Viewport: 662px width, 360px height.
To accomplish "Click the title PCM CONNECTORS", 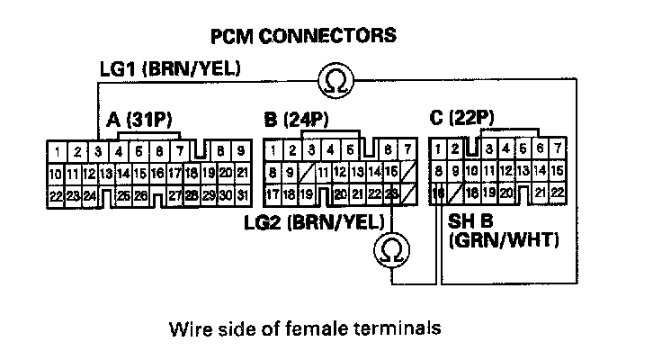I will pyautogui.click(x=302, y=37).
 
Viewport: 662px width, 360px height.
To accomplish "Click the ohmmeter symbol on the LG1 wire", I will pyautogui.click(x=335, y=83).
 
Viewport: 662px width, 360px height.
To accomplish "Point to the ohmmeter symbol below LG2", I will pyautogui.click(x=392, y=248).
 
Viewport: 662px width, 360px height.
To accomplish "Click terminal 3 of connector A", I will pyautogui.click(x=96, y=151).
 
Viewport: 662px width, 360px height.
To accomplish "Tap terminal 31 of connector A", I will pyautogui.click(x=242, y=193).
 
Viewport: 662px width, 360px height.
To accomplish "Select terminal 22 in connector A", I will pyautogui.click(x=56, y=193).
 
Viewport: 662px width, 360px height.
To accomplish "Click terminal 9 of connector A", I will pyautogui.click(x=242, y=151).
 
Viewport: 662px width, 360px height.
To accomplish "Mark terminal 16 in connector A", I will pyautogui.click(x=158, y=173).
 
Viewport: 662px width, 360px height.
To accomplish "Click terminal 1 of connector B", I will pyautogui.click(x=273, y=149).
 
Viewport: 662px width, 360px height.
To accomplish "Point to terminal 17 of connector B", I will pyautogui.click(x=273, y=192).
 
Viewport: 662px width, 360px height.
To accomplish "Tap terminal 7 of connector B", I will pyautogui.click(x=409, y=149).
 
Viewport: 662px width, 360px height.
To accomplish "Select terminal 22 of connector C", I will pyautogui.click(x=557, y=192).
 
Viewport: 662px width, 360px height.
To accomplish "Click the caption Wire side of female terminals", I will pyautogui.click(x=305, y=328).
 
